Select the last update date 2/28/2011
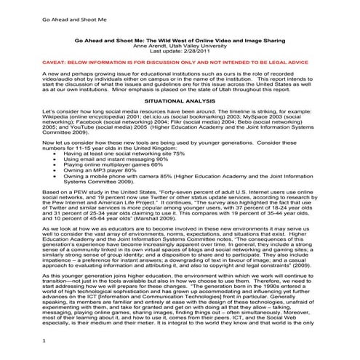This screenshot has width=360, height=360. (x=198, y=53)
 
